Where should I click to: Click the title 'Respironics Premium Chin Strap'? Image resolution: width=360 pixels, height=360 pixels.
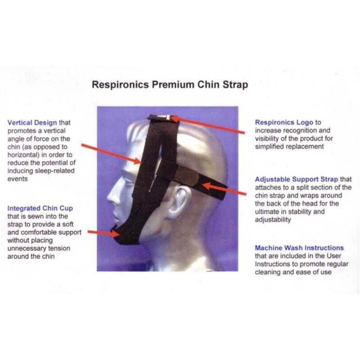point(170,85)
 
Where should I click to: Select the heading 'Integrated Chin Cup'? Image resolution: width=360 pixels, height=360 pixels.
point(40,208)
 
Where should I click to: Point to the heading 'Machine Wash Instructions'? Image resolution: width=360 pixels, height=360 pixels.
point(299,248)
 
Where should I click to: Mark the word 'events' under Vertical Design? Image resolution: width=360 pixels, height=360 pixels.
point(18,179)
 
